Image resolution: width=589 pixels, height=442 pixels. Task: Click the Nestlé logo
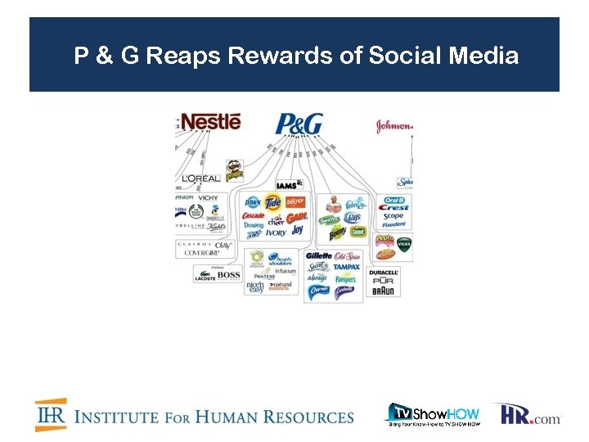click(x=211, y=122)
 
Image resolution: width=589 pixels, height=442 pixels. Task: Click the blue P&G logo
click(x=299, y=125)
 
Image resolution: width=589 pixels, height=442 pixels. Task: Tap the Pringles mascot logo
click(x=234, y=170)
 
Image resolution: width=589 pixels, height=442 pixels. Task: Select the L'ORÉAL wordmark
click(x=200, y=178)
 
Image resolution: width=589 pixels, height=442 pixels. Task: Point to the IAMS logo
click(x=286, y=185)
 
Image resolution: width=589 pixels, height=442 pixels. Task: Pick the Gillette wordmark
click(x=318, y=256)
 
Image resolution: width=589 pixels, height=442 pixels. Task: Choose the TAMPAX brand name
click(x=347, y=266)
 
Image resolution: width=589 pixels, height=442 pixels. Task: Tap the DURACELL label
click(x=384, y=272)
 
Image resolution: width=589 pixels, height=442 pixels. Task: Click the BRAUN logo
click(x=384, y=291)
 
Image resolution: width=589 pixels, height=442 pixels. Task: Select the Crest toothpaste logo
click(x=393, y=208)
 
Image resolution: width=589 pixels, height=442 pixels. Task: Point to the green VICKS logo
click(x=403, y=243)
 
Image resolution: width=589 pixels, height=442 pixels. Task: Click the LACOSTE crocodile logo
click(x=204, y=278)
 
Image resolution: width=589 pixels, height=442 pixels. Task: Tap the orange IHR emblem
click(x=51, y=415)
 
